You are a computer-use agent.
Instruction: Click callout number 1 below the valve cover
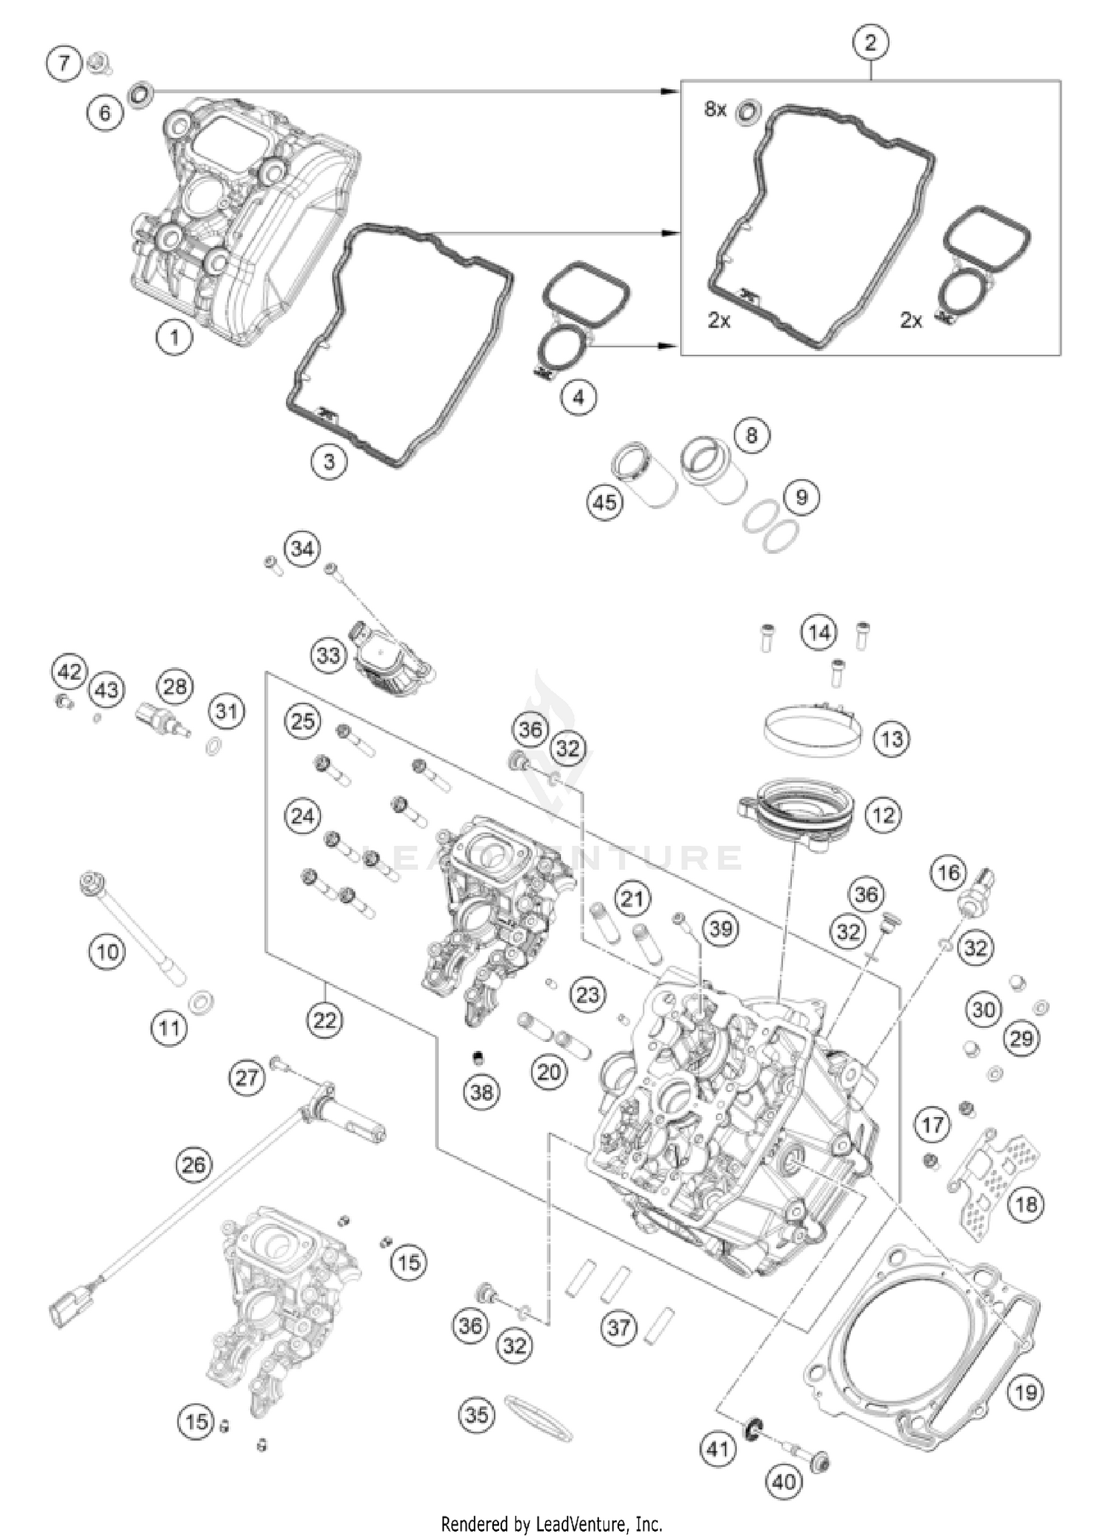pos(174,338)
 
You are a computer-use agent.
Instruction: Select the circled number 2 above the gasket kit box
pos(871,43)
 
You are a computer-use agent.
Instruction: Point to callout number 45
pos(605,502)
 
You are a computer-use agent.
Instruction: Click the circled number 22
pos(325,1020)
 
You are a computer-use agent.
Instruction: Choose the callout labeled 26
pos(194,1164)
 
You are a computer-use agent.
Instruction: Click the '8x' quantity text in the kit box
pos(715,110)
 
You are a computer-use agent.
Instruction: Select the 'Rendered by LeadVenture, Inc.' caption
pos(551,1523)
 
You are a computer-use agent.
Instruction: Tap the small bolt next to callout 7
pos(96,64)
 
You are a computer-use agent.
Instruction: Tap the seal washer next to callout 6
pos(140,94)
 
